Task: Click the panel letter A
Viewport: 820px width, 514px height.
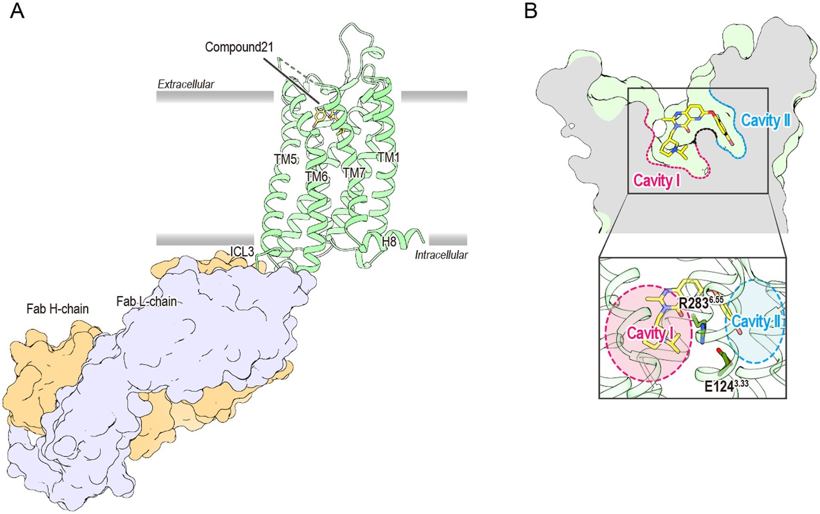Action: [x=17, y=11]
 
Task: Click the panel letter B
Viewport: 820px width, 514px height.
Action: [x=530, y=11]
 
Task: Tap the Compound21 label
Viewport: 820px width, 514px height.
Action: [x=239, y=47]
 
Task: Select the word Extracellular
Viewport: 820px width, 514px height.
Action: [x=185, y=84]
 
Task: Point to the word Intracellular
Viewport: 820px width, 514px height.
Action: [x=441, y=255]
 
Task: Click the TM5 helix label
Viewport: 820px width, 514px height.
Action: [x=285, y=159]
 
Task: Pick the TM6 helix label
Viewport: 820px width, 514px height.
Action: [x=316, y=175]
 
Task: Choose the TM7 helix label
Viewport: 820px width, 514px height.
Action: [x=354, y=173]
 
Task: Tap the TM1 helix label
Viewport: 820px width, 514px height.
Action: [x=388, y=157]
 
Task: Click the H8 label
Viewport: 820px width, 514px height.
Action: [x=389, y=242]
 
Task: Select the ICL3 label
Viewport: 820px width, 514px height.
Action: [x=242, y=251]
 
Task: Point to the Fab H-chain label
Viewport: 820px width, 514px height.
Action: [x=57, y=309]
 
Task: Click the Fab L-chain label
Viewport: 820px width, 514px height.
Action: [x=146, y=302]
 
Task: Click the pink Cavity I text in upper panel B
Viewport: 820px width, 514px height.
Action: [x=657, y=180]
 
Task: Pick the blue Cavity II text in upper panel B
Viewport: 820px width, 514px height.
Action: [x=765, y=121]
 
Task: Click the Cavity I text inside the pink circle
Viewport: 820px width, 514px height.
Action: [x=650, y=334]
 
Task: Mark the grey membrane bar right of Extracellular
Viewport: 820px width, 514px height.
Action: [x=434, y=97]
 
